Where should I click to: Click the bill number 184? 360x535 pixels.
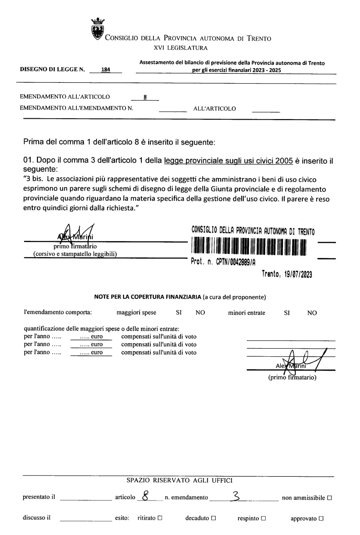pyautogui.click(x=106, y=69)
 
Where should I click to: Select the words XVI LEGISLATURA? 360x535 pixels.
pyautogui.click(x=181, y=48)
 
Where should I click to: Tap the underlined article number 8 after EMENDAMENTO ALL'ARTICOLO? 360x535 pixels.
pyautogui.click(x=145, y=97)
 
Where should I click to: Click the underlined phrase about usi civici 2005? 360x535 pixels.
pyautogui.click(x=228, y=161)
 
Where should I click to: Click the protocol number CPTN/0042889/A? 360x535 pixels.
pyautogui.click(x=236, y=262)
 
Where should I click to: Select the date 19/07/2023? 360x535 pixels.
pyautogui.click(x=298, y=274)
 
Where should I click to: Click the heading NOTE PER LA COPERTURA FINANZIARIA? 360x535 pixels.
pyautogui.click(x=148, y=297)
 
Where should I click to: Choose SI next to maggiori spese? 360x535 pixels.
pyautogui.click(x=179, y=313)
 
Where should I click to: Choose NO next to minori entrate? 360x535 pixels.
pyautogui.click(x=312, y=313)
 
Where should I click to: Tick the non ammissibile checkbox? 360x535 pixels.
pyautogui.click(x=329, y=498)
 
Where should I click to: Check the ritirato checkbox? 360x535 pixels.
pyautogui.click(x=160, y=518)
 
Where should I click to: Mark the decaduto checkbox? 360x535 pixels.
pyautogui.click(x=213, y=518)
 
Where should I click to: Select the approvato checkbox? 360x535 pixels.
pyautogui.click(x=321, y=518)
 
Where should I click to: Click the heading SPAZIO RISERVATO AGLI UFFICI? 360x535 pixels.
pyautogui.click(x=179, y=480)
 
